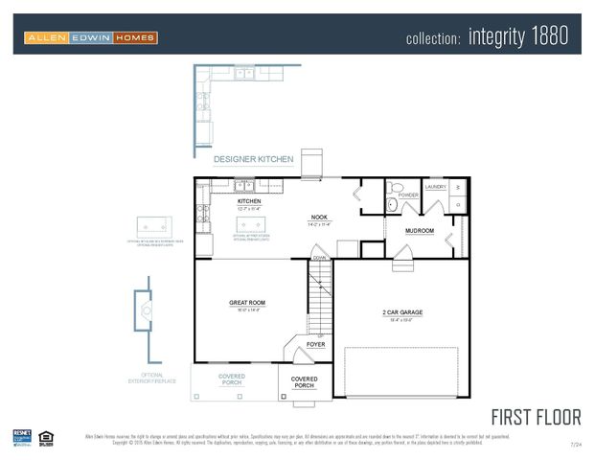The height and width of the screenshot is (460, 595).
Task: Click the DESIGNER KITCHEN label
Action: pyautogui.click(x=253, y=159)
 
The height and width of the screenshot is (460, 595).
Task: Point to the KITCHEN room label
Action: pyautogui.click(x=249, y=201)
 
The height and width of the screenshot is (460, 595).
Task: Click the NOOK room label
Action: pyautogui.click(x=319, y=218)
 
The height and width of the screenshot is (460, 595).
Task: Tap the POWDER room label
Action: pyautogui.click(x=408, y=195)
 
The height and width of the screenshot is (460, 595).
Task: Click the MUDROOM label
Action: pyautogui.click(x=420, y=231)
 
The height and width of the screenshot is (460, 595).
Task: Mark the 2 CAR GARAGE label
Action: pyautogui.click(x=402, y=312)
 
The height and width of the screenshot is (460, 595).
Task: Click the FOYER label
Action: pyautogui.click(x=315, y=344)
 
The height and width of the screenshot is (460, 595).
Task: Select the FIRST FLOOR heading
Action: pyautogui.click(x=536, y=417)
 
